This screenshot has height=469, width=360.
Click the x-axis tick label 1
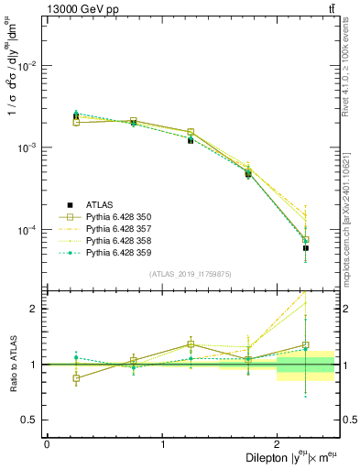point(162,444)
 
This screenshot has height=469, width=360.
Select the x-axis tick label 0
point(47,444)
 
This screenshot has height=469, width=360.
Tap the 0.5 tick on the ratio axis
point(33,420)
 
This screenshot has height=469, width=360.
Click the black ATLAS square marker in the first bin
point(76,116)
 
